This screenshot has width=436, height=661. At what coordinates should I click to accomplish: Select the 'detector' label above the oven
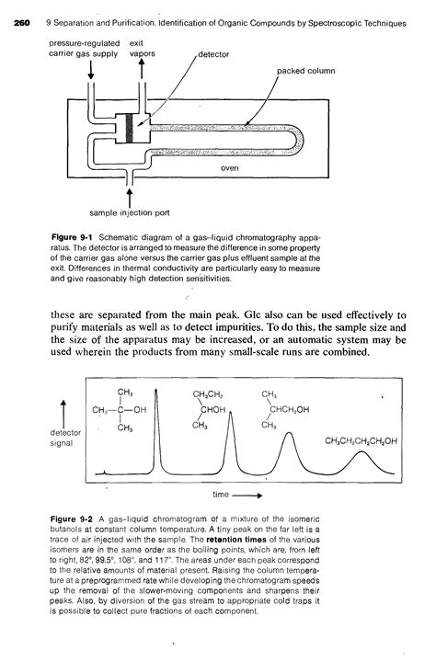coord(214,55)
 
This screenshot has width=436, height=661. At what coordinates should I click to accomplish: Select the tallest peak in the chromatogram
coord(158,405)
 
